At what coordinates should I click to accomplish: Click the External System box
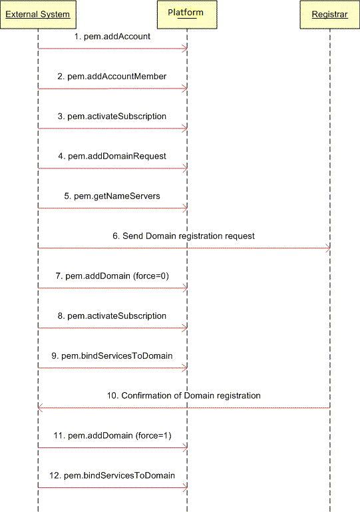38,15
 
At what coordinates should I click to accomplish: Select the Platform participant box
187,15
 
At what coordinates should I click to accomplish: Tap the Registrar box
329,15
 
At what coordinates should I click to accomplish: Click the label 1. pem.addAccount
112,37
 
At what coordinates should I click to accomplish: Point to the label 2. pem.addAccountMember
112,77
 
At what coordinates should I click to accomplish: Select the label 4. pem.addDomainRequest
112,156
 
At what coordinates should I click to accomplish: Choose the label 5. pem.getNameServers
112,196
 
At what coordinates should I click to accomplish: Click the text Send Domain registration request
188,236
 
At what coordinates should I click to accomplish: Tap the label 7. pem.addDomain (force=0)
112,276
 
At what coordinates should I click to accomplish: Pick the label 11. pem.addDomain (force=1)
112,435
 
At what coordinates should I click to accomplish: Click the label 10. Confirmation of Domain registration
184,395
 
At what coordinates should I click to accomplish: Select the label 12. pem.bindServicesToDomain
112,475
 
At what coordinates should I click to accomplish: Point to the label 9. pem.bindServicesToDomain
112,356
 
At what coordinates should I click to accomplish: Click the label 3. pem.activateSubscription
112,117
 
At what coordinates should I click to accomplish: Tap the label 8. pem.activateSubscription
112,316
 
